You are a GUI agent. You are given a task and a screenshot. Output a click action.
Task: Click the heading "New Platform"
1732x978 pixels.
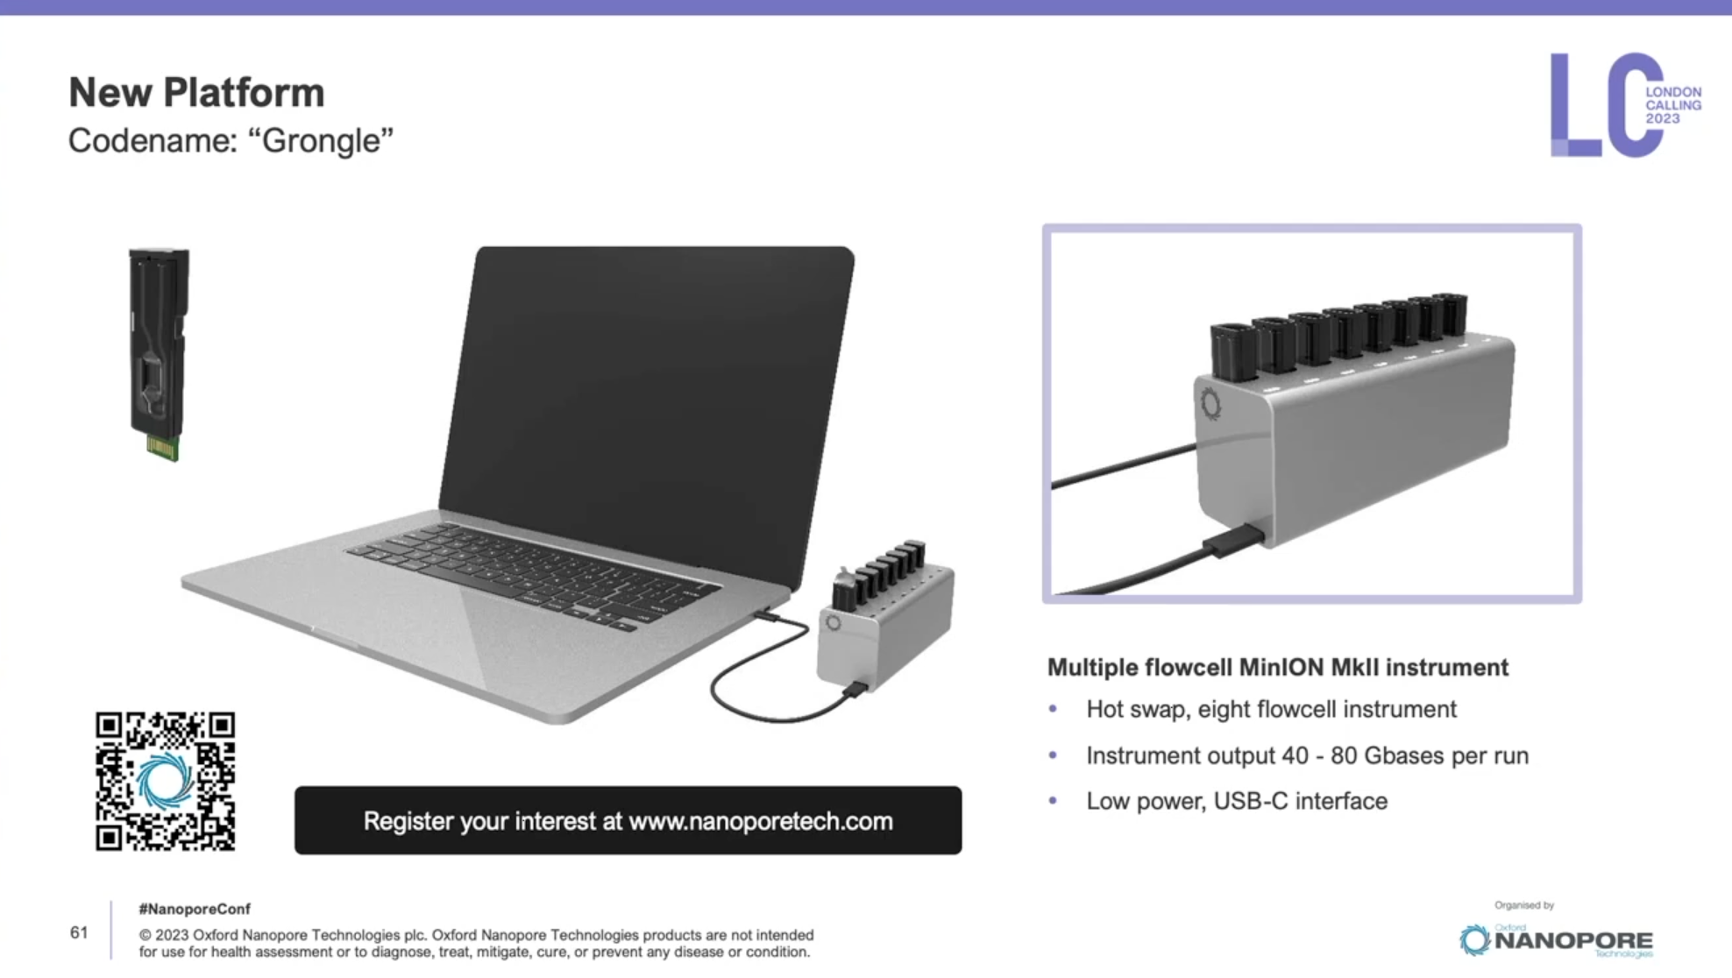pos(196,92)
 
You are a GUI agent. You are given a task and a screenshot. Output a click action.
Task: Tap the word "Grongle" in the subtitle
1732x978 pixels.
pos(321,140)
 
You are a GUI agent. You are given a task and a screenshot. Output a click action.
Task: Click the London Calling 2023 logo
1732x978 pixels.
pos(1625,105)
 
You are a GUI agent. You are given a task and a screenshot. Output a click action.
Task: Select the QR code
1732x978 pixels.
pos(166,781)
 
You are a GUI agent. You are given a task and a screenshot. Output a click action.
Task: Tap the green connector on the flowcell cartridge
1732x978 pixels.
pos(163,448)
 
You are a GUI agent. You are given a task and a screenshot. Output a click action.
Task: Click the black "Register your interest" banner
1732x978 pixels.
pos(628,820)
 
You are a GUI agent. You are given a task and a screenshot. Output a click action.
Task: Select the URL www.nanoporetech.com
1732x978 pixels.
pos(761,821)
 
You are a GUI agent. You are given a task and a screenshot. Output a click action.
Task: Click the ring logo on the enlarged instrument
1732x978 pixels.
pos(1210,404)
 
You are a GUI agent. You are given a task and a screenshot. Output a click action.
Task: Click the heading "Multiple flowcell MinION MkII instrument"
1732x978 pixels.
pos(1278,668)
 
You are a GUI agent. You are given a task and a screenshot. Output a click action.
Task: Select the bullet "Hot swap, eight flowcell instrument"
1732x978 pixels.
pos(1271,710)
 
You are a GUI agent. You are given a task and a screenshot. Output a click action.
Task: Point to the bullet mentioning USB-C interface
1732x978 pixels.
pos(1237,801)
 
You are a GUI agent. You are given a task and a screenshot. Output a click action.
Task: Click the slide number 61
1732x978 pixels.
pos(79,932)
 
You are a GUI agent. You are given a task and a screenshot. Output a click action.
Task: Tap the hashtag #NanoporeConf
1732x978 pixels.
pos(195,910)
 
